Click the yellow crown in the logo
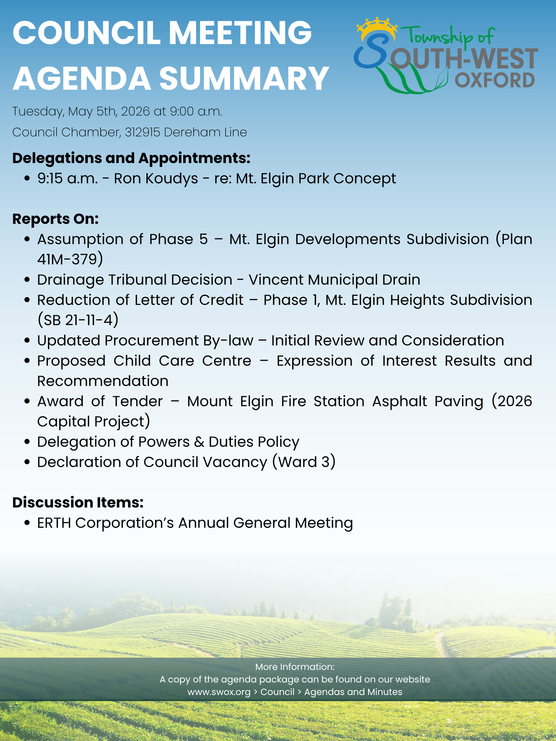[x=377, y=27]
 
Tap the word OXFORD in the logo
[x=494, y=80]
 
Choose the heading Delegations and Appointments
[x=131, y=158]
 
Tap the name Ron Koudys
[x=156, y=178]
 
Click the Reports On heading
[x=56, y=219]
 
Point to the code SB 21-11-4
[x=78, y=320]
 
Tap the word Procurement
[x=152, y=340]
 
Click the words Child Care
[x=154, y=361]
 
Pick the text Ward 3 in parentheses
[x=304, y=462]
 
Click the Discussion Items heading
[x=78, y=502]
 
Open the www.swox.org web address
[x=219, y=692]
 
